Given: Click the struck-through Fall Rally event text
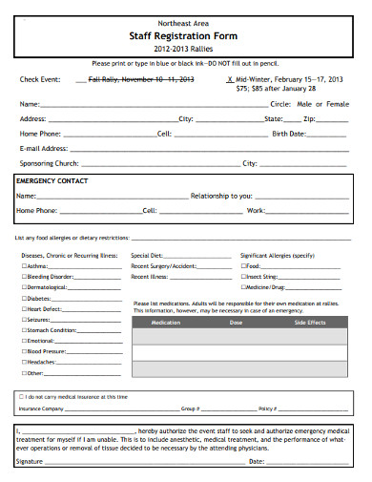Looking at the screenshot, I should point(140,79).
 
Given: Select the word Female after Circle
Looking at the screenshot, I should point(339,103).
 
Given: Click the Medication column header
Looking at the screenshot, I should point(165,323).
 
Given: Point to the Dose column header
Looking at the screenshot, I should point(236,323).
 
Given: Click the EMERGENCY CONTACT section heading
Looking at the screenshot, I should point(53,180).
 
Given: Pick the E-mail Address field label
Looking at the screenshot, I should point(44,149).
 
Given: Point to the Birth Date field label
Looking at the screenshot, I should point(288,135).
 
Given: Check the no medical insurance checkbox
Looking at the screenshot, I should point(22,395).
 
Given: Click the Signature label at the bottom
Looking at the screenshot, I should point(31,461).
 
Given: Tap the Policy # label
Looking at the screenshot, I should point(267,408).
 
